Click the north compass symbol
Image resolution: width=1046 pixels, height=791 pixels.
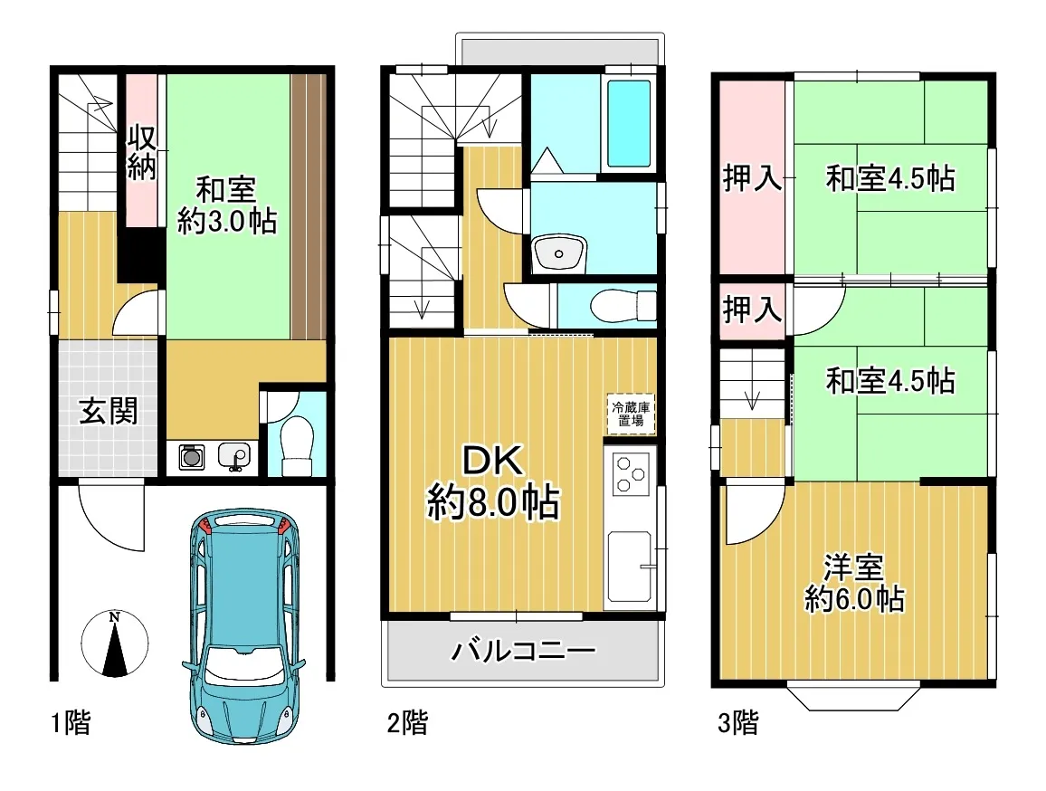coord(115,643)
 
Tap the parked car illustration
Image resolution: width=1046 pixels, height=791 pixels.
coord(243,625)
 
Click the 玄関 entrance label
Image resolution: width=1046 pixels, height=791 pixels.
coord(108,411)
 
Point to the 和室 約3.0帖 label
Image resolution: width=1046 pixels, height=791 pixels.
coord(227,205)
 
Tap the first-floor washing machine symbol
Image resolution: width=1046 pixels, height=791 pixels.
coord(192,456)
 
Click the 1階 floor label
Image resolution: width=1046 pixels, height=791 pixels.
coord(71,722)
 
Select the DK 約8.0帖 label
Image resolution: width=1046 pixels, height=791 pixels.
coord(493,482)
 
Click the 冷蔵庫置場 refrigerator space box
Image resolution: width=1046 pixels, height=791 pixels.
coord(631,414)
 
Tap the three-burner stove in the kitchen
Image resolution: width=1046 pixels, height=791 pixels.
coord(631,474)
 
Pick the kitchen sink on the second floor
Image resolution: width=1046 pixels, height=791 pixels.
coord(630,566)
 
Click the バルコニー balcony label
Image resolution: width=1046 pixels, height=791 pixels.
coord(523,650)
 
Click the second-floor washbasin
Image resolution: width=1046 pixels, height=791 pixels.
coord(559,253)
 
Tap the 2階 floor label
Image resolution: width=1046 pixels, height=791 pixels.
coord(407,722)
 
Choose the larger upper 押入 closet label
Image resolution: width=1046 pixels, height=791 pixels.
coord(752,178)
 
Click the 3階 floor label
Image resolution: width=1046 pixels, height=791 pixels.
coord(737,722)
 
